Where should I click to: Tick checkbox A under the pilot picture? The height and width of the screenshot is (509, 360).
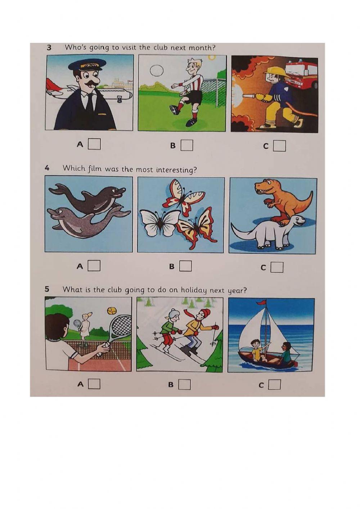coord(94,144)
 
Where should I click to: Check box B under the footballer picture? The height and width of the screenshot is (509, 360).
coord(187,145)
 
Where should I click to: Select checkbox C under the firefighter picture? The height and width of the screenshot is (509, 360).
coord(279,146)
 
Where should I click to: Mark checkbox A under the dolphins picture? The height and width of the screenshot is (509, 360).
coord(94,266)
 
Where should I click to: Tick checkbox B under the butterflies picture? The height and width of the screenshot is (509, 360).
coord(186,266)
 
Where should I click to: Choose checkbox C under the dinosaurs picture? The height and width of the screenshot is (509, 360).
coord(277,267)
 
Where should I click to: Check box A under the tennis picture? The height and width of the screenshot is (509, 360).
coord(94,384)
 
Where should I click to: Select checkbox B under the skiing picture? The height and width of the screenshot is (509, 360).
coord(184,384)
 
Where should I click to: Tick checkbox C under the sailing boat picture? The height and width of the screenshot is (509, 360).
coord(274,385)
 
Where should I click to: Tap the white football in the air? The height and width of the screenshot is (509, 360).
coord(157,71)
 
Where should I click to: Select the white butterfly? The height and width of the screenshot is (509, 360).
coord(159,223)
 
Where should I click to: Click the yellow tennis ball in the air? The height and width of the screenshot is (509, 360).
coord(111,311)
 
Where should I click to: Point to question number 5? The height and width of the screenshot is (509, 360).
coord(47,289)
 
